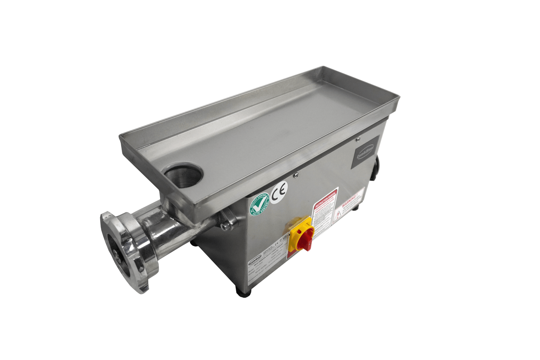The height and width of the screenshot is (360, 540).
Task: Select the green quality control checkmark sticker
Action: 260,205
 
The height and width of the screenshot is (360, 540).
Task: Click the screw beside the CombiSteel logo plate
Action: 357,139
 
